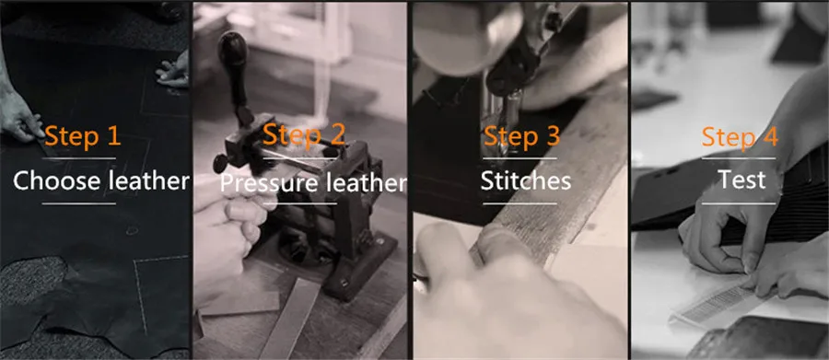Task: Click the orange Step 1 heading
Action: [x=83, y=136]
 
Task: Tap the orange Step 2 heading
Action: [x=303, y=134]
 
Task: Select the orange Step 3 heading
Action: [x=522, y=136]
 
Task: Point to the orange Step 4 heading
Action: [x=740, y=137]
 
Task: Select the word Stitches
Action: [x=526, y=180]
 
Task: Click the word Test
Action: [x=741, y=180]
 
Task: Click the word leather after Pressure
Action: [x=366, y=183]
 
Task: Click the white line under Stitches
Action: [x=520, y=203]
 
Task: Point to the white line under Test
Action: [x=739, y=203]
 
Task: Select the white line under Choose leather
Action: [x=79, y=203]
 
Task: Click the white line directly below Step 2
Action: [x=299, y=158]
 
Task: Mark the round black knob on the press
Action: [x=220, y=163]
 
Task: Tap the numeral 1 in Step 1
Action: [x=113, y=136]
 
